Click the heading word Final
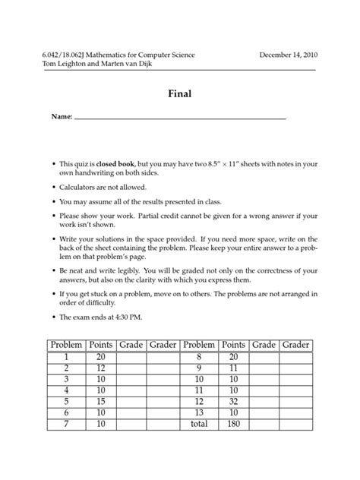pos(179,95)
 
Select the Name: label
pos(61,118)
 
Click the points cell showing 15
pos(100,401)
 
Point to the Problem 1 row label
pos(66,357)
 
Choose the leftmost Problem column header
pos(66,345)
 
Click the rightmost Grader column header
pos(295,345)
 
